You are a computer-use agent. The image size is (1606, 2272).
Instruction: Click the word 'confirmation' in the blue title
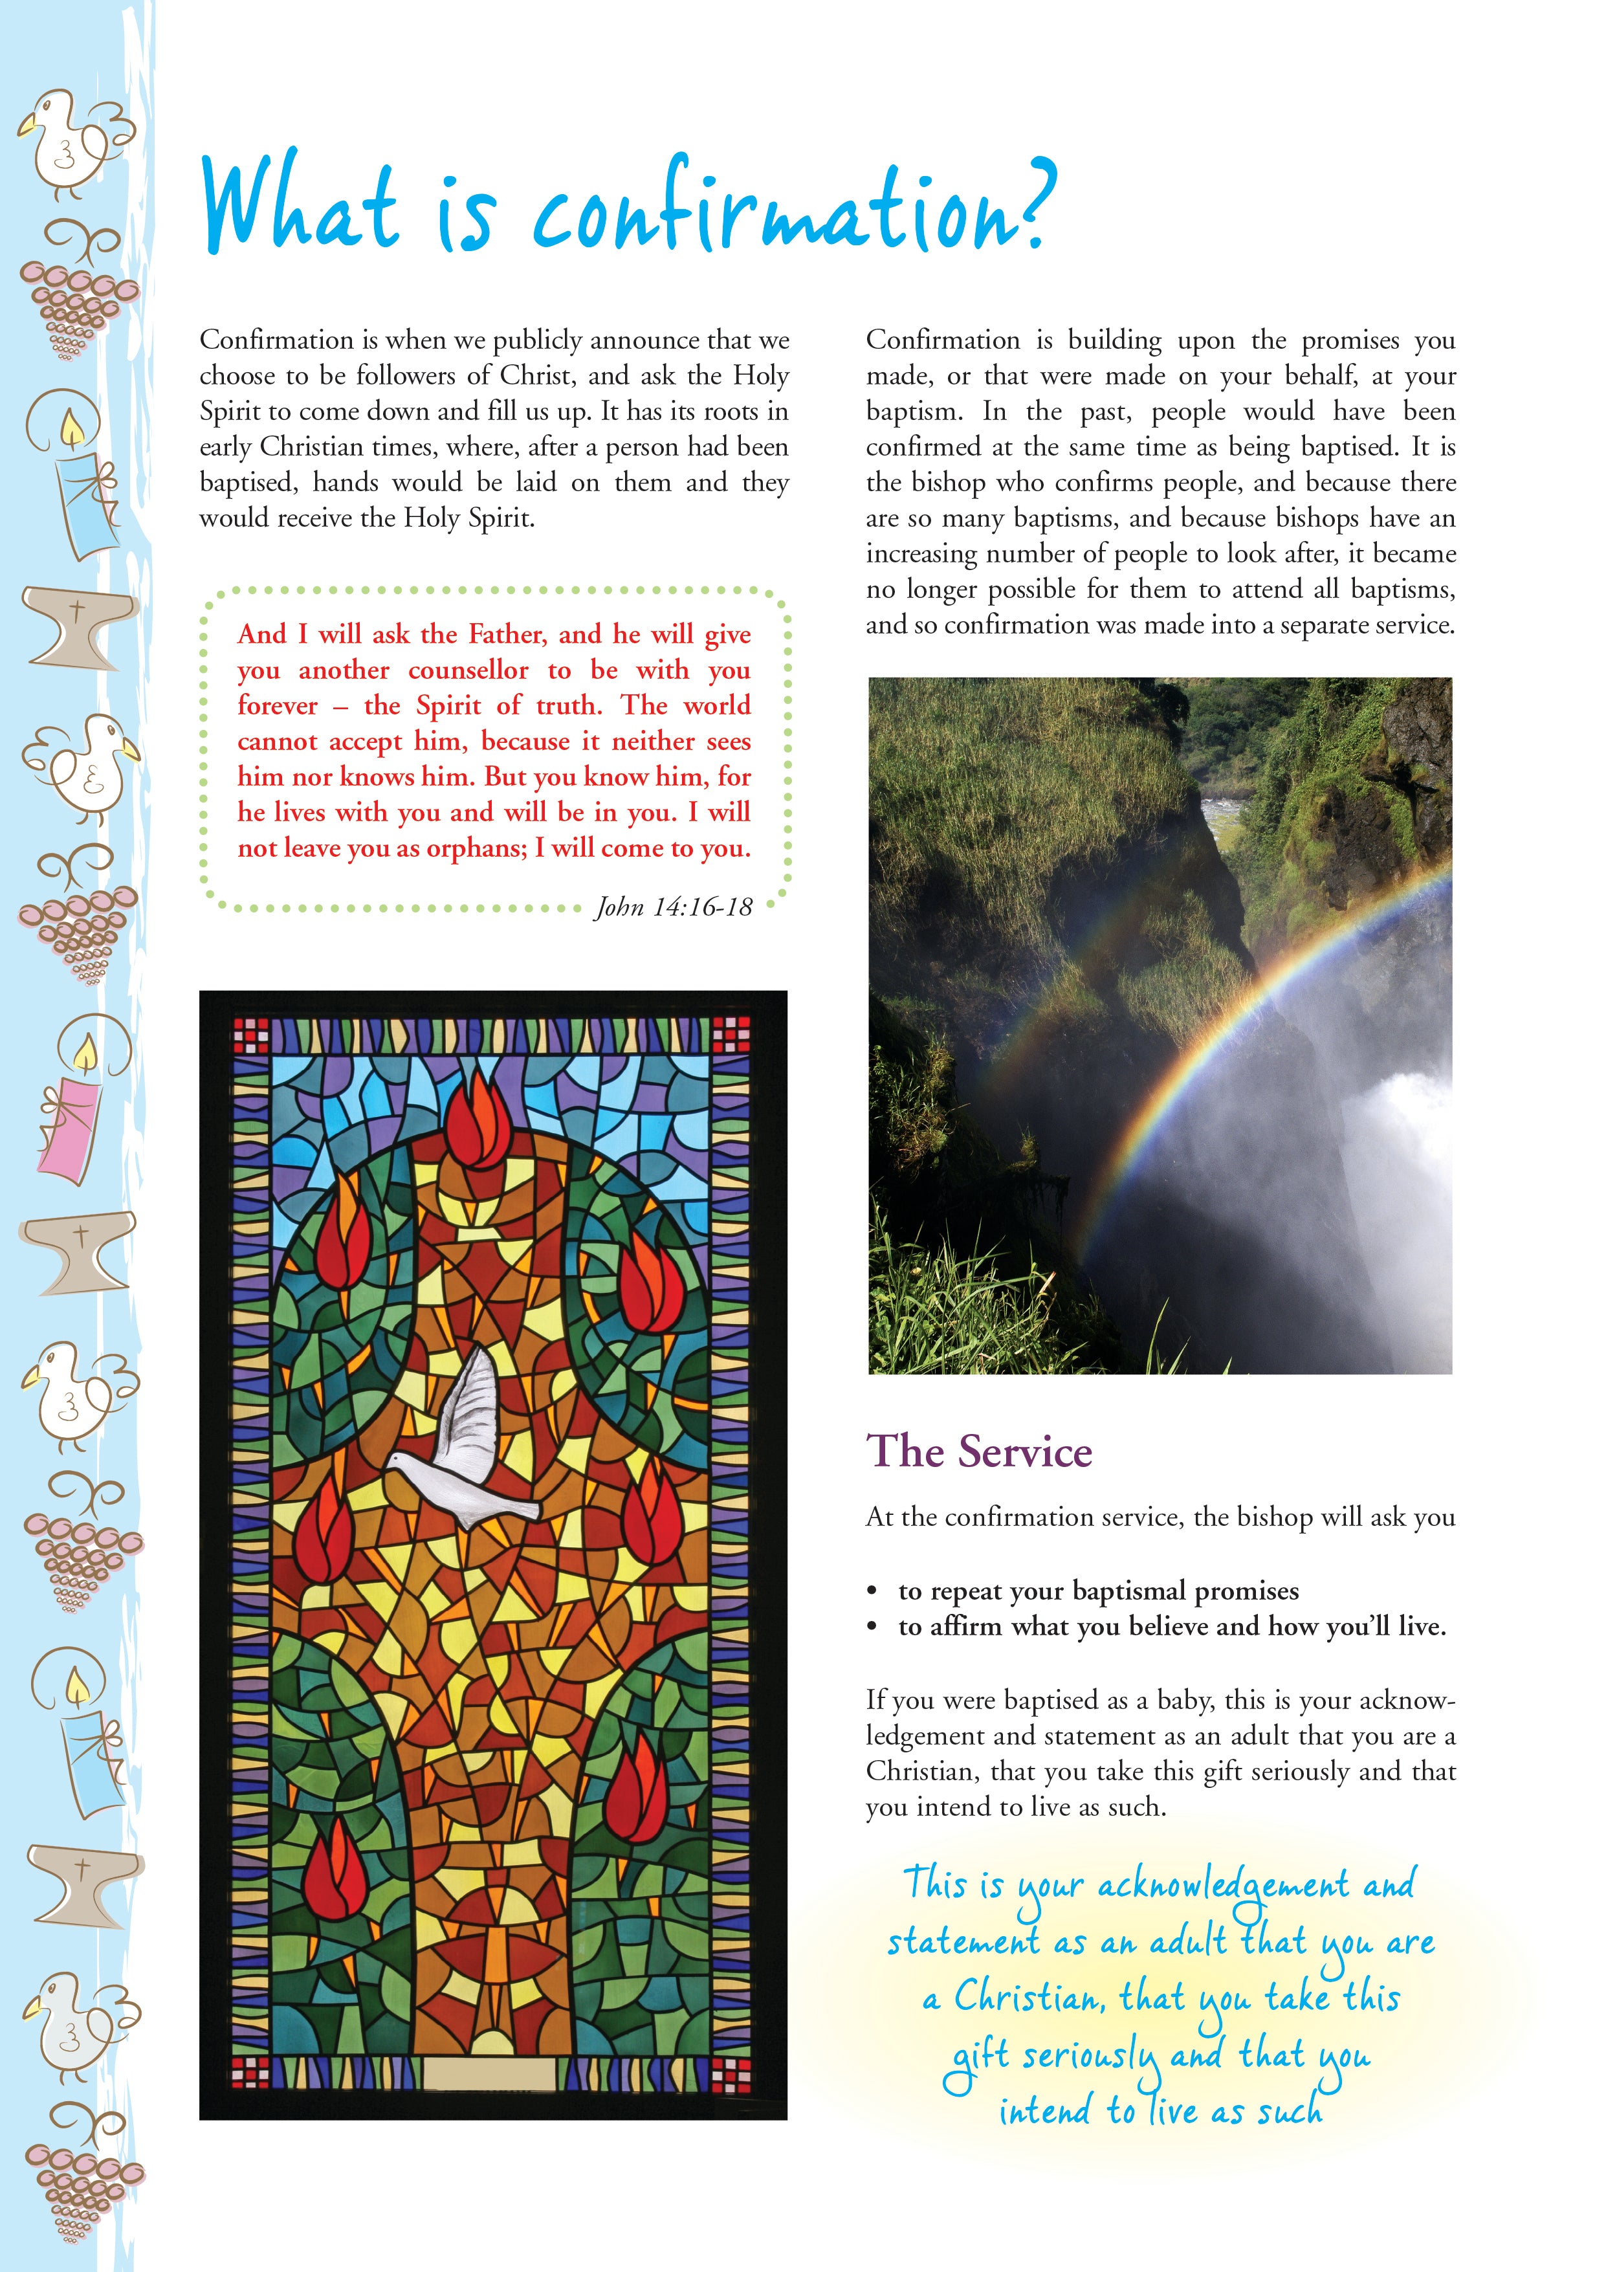[x=772, y=213]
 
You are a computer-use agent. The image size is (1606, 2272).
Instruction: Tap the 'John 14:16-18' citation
[x=673, y=907]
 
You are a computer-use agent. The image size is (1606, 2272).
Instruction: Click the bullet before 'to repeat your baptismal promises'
[x=872, y=1591]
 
